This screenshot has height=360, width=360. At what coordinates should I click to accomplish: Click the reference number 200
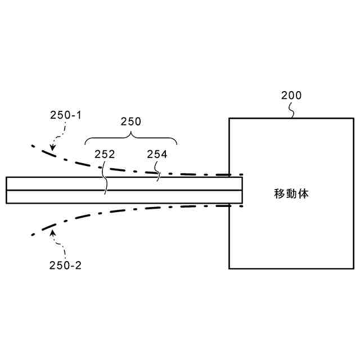tap(291, 96)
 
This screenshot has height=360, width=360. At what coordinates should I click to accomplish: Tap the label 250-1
tap(66, 115)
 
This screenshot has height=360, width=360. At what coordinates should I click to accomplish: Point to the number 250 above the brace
tap(131, 121)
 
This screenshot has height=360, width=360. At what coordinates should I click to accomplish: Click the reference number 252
tap(105, 154)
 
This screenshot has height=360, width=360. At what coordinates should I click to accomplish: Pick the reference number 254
tap(157, 154)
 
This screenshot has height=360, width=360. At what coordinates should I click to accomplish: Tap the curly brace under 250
tap(131, 137)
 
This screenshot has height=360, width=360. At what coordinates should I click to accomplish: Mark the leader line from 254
tap(158, 174)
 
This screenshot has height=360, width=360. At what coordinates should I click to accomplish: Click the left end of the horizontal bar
tap(6, 190)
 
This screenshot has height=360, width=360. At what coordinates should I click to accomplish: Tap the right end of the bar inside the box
tap(242, 190)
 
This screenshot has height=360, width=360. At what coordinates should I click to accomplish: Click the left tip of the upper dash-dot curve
tap(33, 146)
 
